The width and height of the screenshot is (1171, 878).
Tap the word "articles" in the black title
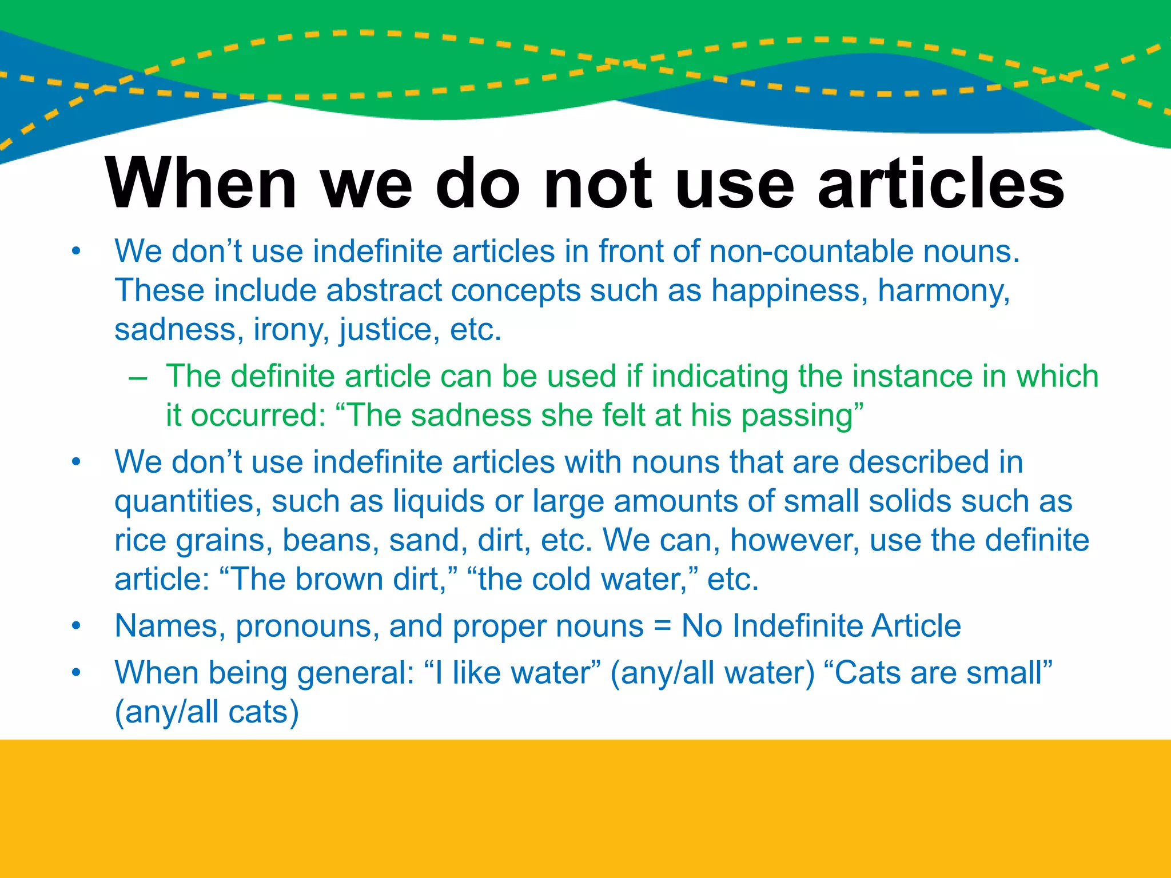point(941,184)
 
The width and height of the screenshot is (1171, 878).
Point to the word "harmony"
point(943,292)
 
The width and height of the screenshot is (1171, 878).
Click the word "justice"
point(389,330)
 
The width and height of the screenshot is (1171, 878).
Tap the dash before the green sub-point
point(138,378)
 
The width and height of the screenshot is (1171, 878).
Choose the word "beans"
point(330,540)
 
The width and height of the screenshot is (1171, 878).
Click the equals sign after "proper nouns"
point(662,626)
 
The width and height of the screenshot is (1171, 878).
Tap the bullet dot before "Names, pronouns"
point(76,626)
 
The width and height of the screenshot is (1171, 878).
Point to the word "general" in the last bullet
point(355,674)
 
